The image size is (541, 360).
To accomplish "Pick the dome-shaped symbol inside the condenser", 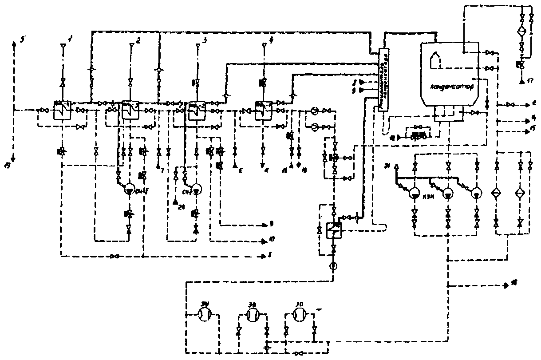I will point(436,59).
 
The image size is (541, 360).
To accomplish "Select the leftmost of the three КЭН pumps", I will point(415,194).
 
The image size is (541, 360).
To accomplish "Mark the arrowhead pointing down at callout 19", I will point(13,158).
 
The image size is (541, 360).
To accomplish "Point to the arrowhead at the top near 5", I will point(14,43).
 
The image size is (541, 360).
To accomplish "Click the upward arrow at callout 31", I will point(396,166).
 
